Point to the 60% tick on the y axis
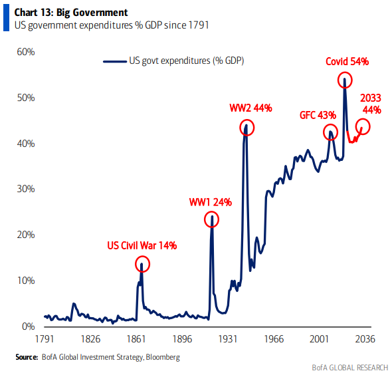click(x=25, y=52)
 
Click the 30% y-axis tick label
click(x=25, y=189)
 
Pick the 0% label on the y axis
click(x=27, y=326)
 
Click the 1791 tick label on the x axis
click(x=44, y=339)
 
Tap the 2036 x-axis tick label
click(x=365, y=339)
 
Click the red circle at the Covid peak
click(x=345, y=81)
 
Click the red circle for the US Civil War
click(x=142, y=264)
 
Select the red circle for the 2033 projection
click(x=363, y=126)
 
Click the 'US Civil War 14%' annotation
click(x=142, y=245)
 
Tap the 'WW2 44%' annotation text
click(x=251, y=108)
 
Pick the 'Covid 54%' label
click(x=347, y=62)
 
